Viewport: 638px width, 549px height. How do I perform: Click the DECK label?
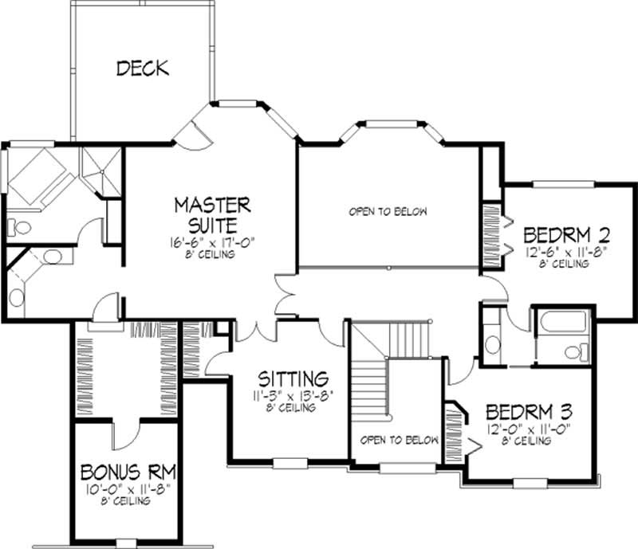[x=143, y=69]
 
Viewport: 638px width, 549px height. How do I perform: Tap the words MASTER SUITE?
[x=212, y=214]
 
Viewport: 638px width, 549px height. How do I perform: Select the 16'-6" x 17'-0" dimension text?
[x=212, y=241]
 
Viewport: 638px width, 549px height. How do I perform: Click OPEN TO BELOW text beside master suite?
[x=388, y=212]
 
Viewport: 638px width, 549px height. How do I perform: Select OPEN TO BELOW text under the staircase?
[x=399, y=440]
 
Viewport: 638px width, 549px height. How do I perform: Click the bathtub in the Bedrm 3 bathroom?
[x=561, y=323]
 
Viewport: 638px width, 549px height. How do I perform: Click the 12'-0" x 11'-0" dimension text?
[x=529, y=430]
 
